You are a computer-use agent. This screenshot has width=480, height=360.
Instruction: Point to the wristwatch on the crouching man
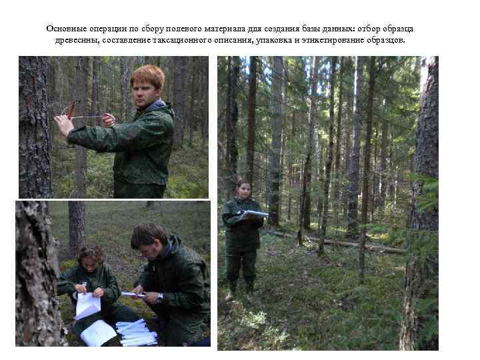pyautogui.click(x=159, y=297)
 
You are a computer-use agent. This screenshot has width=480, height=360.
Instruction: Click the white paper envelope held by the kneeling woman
pyautogui.click(x=87, y=305)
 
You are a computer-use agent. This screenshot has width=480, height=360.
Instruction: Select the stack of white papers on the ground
pyautogui.click(x=136, y=332)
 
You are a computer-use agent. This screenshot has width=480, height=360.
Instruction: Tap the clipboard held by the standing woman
pyautogui.click(x=253, y=215)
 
